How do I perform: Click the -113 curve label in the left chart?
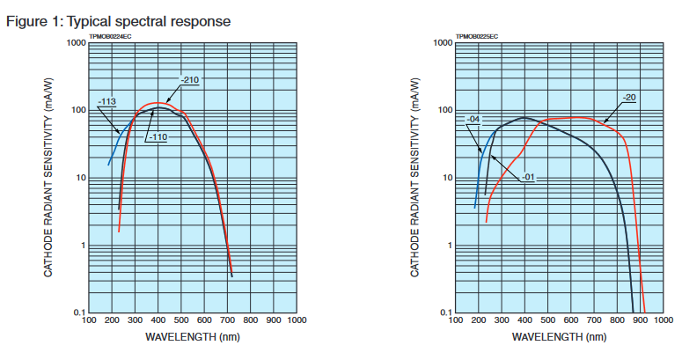(x=109, y=102)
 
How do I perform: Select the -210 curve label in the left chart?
(x=190, y=81)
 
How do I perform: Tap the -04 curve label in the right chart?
(x=473, y=118)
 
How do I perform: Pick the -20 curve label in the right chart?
(x=629, y=96)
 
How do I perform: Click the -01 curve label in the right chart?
(x=528, y=177)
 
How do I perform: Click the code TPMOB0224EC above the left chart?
(x=111, y=37)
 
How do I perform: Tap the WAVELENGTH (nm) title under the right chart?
(x=558, y=337)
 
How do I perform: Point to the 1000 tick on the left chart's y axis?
(x=74, y=42)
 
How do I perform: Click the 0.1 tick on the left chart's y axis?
(x=77, y=312)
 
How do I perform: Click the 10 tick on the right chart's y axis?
(x=446, y=177)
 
